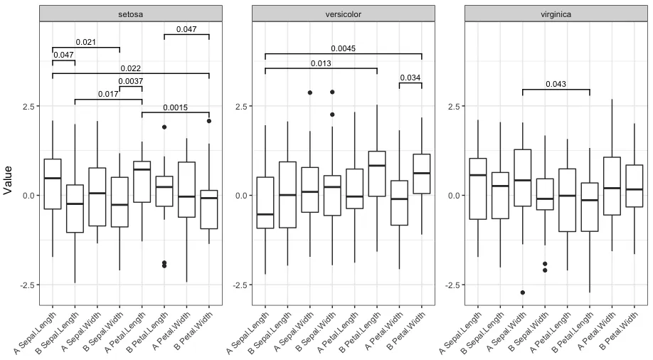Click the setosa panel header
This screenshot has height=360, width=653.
point(130,14)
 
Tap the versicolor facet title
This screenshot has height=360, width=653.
point(343,14)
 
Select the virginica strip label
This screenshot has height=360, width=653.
point(556,14)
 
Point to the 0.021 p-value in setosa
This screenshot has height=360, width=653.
point(85,43)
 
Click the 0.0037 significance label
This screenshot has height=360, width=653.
point(130,82)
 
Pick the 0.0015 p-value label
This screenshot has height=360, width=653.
point(175,108)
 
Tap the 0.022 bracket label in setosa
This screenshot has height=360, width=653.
point(130,69)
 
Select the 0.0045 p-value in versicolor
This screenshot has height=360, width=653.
point(343,49)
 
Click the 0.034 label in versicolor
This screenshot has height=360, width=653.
point(410,78)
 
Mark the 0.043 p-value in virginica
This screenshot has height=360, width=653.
point(556,85)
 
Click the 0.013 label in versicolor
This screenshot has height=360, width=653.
point(321,64)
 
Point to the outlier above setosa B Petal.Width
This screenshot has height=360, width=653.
point(209,121)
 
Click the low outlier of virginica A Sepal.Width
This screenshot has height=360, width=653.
point(522,292)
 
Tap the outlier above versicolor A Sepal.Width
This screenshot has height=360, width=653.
point(309,92)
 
